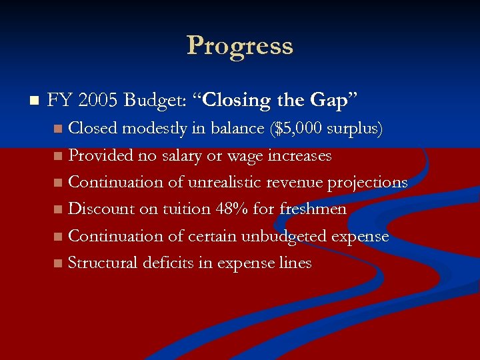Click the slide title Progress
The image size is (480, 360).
(x=240, y=45)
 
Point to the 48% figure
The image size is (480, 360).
(x=232, y=209)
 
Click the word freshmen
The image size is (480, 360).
(x=313, y=209)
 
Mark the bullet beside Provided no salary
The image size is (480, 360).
(x=59, y=156)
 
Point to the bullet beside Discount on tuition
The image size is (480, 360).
(x=59, y=210)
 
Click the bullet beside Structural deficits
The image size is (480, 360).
(x=59, y=264)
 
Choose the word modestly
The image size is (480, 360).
(x=154, y=128)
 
